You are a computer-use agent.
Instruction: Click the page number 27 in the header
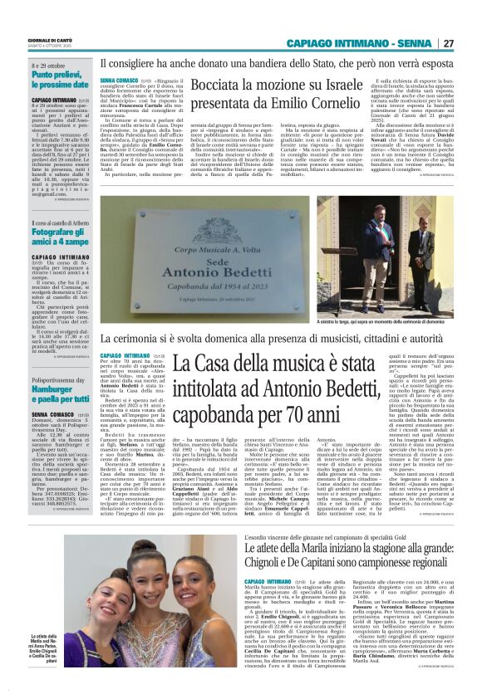point(471,42)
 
